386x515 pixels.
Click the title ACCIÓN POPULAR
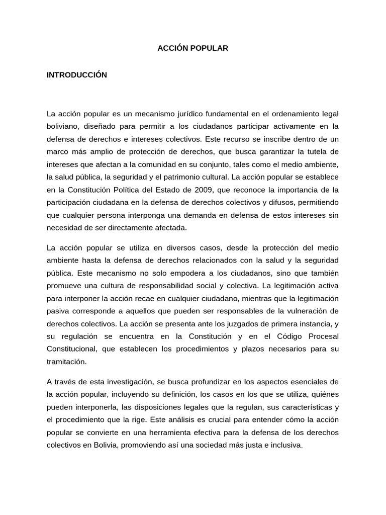tap(193, 48)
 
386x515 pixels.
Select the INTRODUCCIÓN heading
tap(77, 75)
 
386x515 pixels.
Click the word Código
tap(271, 335)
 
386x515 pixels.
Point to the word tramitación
tap(67, 362)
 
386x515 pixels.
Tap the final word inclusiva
tap(285, 445)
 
